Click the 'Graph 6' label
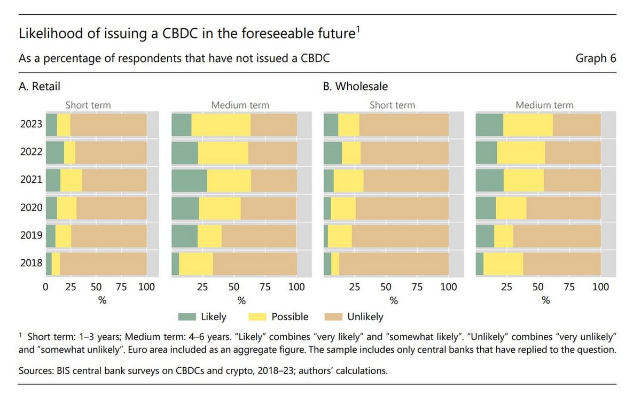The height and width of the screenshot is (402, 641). [596, 58]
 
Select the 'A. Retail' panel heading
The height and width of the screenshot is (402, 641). [39, 86]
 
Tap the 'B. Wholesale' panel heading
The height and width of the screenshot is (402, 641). [355, 86]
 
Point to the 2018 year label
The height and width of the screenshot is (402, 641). [31, 263]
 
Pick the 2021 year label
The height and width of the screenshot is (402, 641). [31, 180]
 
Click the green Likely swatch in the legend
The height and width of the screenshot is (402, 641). [186, 317]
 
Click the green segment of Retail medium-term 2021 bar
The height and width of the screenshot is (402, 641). [189, 180]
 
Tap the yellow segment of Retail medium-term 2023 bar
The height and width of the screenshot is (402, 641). [221, 125]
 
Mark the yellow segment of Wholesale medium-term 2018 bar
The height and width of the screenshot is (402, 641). [503, 263]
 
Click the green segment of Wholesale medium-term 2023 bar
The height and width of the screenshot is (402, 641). [489, 125]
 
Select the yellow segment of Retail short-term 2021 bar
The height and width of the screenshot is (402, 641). [71, 180]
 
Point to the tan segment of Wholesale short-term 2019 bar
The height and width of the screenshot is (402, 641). [400, 235]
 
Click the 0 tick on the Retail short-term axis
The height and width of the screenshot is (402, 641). [46, 287]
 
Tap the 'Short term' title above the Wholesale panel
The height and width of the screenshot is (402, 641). [392, 105]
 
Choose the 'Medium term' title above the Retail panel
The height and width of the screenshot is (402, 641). [240, 105]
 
